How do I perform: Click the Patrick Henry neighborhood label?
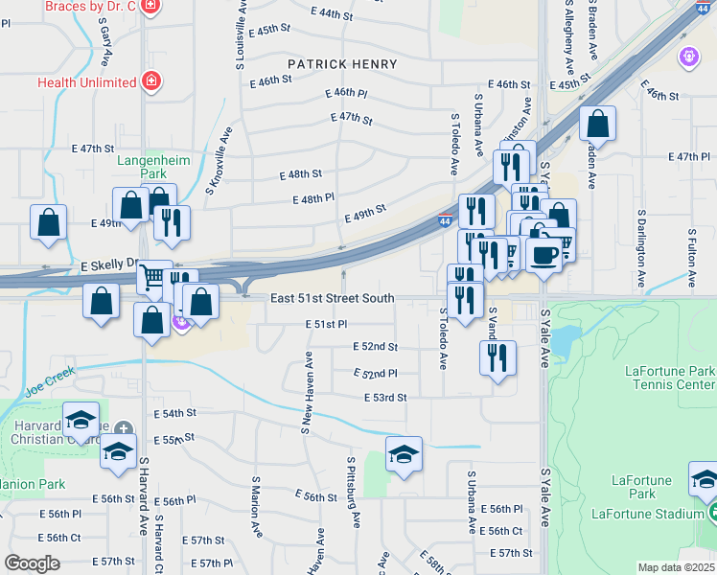[x=342, y=64]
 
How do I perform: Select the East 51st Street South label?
[x=332, y=299]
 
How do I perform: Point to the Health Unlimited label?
[x=86, y=82]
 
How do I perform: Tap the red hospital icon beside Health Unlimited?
[x=151, y=80]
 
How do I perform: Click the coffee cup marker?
[x=544, y=255]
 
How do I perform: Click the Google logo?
[x=32, y=563]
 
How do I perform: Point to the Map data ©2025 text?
[x=675, y=567]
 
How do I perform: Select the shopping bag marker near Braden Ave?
[x=597, y=124]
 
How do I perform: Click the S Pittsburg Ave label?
[x=353, y=492]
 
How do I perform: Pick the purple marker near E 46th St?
[x=688, y=57]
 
